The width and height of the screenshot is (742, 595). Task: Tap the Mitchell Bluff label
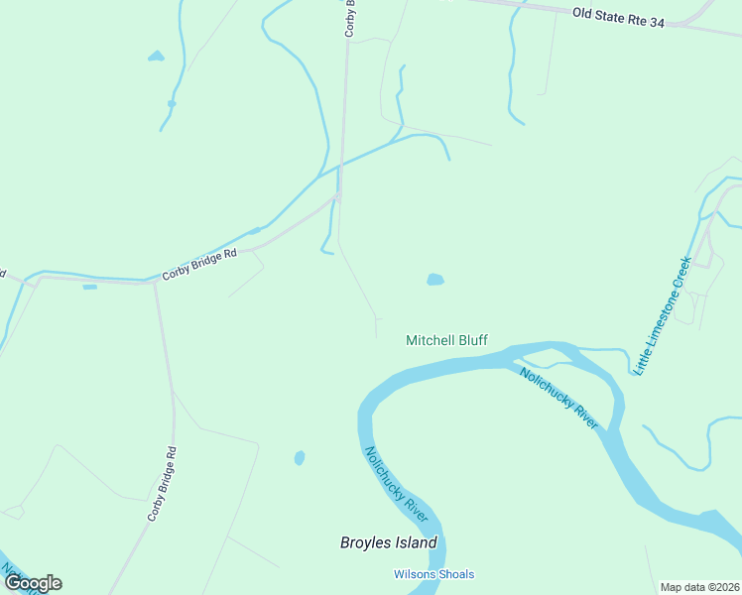(446, 340)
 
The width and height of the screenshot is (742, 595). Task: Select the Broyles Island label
(388, 542)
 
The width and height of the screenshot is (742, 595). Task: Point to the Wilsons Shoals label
(433, 574)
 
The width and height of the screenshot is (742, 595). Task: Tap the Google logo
(33, 583)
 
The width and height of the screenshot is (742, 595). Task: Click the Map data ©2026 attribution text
(699, 587)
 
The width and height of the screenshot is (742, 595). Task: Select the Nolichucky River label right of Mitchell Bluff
(559, 398)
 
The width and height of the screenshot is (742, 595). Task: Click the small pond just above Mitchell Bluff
(434, 280)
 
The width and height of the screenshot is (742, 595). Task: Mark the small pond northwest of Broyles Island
(300, 458)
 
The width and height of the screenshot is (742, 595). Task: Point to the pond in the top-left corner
(156, 57)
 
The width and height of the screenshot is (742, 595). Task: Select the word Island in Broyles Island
(415, 542)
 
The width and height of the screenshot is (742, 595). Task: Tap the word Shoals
(454, 574)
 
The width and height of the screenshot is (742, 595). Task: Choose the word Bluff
(471, 340)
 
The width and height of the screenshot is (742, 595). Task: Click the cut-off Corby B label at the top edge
(350, 19)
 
